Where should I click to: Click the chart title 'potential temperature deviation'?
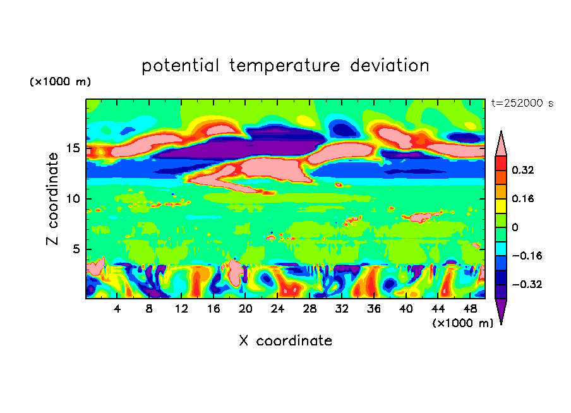tap(285, 66)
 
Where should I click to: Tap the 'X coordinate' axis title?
tap(285, 341)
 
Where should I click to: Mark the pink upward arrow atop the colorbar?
tap(501, 143)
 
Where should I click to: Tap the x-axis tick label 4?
tap(117, 309)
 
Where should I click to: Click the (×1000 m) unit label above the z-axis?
tap(61, 82)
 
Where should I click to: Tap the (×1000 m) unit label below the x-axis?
tap(463, 323)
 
